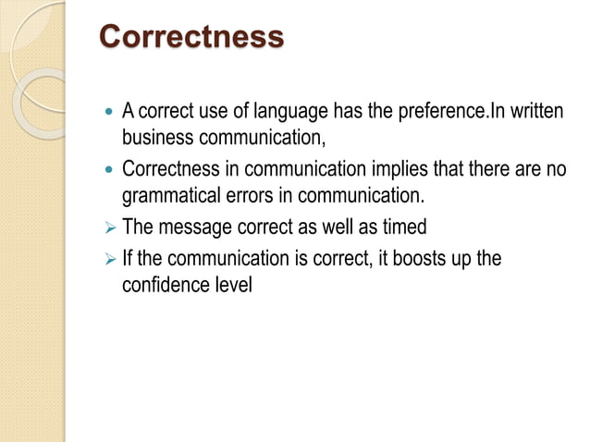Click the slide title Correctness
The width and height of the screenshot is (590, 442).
coord(191,38)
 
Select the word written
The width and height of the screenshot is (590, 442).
coord(535,113)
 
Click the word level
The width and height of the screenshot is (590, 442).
coord(233,285)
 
